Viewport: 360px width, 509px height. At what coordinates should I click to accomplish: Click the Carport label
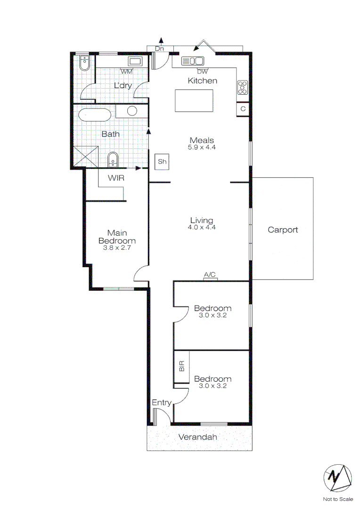point(283,230)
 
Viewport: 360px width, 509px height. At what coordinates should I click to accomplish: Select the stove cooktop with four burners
point(243,88)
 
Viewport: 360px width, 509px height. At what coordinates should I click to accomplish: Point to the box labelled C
point(243,109)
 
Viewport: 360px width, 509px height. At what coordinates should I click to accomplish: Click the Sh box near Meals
point(162,162)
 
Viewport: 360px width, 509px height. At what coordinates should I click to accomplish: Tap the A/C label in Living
point(210,274)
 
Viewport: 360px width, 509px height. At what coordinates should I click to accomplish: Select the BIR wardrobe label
point(182,366)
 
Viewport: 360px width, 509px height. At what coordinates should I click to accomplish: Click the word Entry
point(161,402)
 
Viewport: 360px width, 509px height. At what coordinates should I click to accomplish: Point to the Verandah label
point(198,437)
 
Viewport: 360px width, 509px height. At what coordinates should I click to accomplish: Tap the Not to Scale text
point(337,499)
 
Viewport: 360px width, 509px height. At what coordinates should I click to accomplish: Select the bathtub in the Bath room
point(94,115)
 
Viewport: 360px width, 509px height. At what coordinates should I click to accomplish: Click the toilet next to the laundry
point(84,63)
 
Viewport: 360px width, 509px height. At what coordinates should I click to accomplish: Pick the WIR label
point(116,178)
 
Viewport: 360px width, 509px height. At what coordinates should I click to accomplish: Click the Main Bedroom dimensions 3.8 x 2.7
point(117,246)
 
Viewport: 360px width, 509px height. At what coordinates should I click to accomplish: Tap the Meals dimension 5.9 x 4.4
point(202,148)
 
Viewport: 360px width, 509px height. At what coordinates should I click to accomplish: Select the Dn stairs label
point(159,49)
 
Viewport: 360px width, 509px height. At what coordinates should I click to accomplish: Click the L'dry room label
point(123,85)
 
